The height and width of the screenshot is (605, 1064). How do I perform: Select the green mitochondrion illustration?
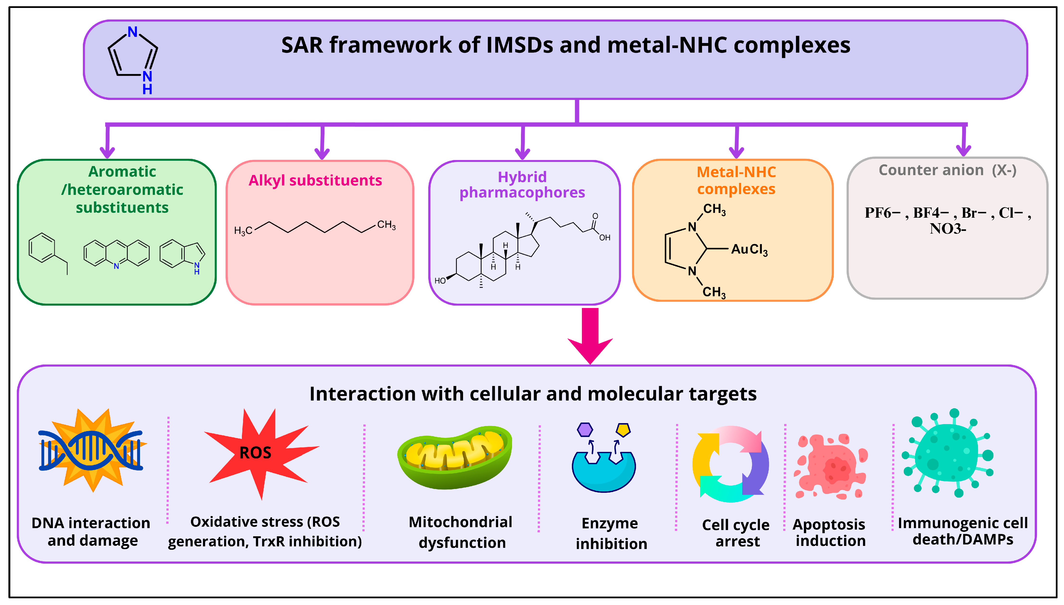pyautogui.click(x=455, y=457)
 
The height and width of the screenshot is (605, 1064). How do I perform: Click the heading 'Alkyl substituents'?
pyautogui.click(x=315, y=180)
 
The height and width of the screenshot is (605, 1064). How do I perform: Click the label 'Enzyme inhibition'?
pyautogui.click(x=611, y=533)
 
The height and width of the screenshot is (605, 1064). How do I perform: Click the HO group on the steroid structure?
pyautogui.click(x=440, y=281)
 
